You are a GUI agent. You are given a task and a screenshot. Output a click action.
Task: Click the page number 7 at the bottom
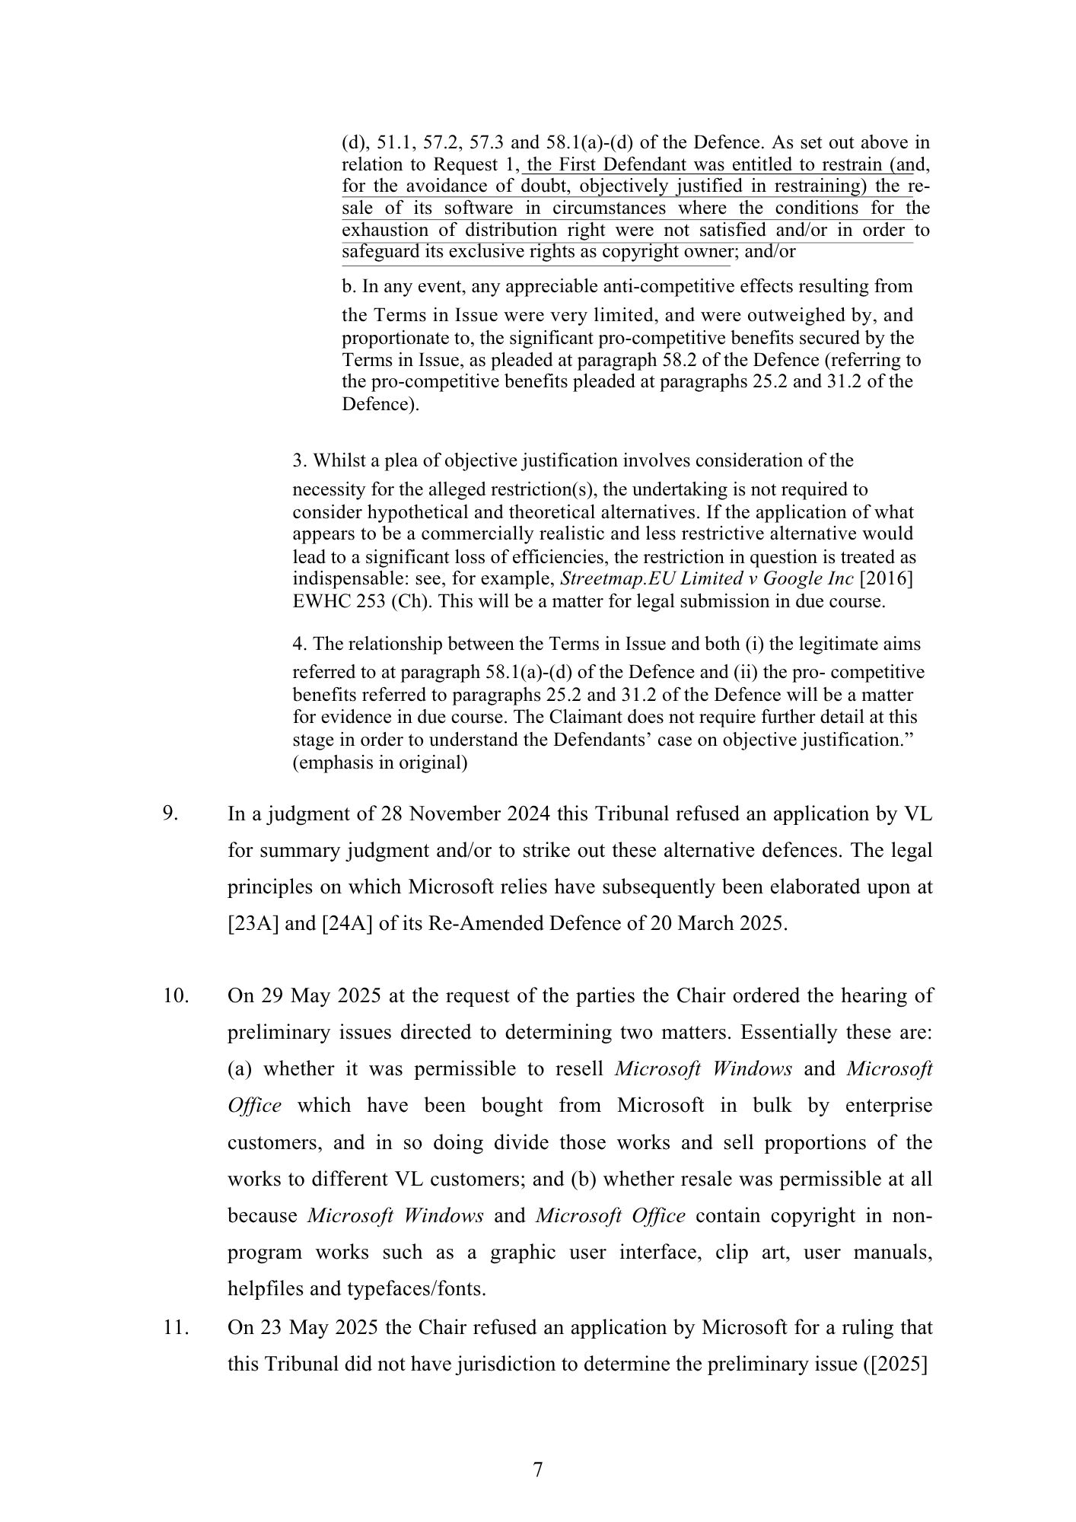point(538,1469)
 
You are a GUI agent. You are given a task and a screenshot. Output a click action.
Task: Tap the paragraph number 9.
point(170,814)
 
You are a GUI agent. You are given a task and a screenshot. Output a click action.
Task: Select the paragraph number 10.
point(175,995)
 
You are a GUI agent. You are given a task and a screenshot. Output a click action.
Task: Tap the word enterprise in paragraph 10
point(888,1105)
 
